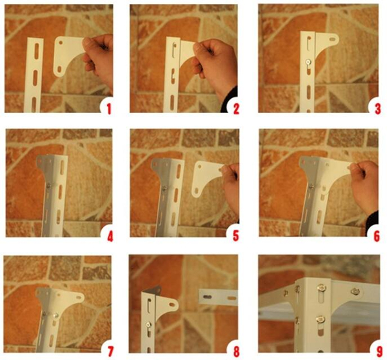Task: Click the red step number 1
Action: tap(109, 109)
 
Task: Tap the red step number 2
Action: tap(236, 109)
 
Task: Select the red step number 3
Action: tap(377, 109)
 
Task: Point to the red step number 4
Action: tap(110, 236)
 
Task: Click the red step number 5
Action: tap(236, 236)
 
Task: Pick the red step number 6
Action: tap(377, 236)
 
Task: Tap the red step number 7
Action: tap(110, 352)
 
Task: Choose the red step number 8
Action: tap(236, 352)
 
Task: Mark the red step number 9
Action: tap(379, 352)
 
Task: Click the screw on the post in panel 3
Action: tap(308, 62)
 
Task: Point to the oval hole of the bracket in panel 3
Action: tap(332, 39)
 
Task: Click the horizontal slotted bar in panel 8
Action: tap(218, 297)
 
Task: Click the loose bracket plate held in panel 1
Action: tap(70, 56)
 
